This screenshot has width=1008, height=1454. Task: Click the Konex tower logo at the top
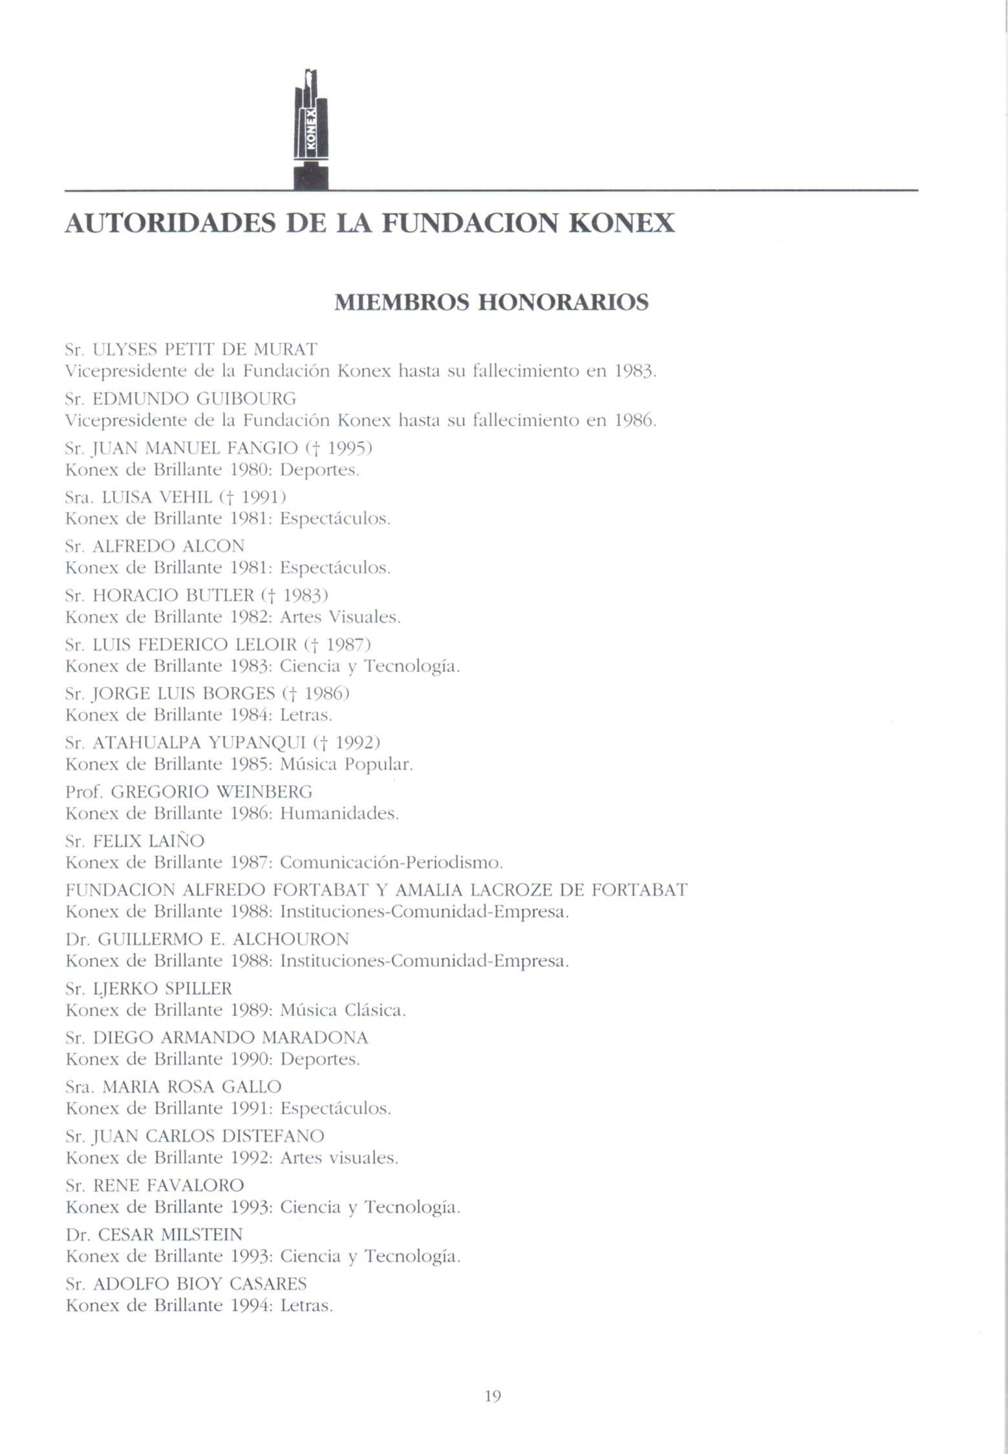311,129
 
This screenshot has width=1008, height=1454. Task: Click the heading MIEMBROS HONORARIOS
491,302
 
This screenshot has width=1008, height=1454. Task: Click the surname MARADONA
315,1037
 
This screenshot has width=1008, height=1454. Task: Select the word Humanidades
339,813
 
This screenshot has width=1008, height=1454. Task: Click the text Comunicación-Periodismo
391,863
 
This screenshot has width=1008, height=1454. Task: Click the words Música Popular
346,765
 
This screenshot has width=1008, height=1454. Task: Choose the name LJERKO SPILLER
162,988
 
